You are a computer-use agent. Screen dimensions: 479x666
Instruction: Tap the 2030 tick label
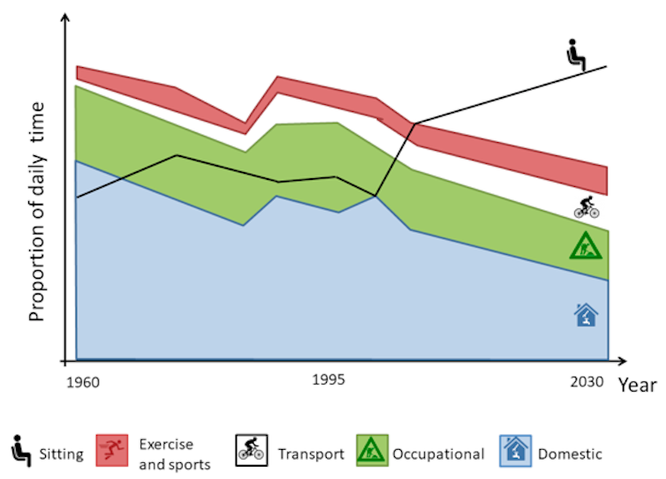click(585, 382)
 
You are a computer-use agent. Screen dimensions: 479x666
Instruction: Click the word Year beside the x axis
click(637, 385)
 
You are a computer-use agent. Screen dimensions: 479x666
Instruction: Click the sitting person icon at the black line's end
click(576, 55)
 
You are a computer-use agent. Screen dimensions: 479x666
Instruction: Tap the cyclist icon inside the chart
click(587, 208)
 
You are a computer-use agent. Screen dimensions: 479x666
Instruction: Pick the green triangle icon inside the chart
click(586, 247)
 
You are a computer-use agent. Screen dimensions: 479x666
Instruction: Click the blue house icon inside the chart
click(585, 314)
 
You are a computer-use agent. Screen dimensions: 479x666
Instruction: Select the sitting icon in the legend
click(19, 451)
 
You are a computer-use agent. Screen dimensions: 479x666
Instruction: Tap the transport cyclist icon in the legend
click(251, 452)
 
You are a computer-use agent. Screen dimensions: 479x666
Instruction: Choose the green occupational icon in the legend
click(370, 452)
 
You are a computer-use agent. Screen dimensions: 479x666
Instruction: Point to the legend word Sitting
click(61, 455)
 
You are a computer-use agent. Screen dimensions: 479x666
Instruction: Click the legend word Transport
click(311, 455)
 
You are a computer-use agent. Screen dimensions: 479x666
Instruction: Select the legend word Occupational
click(438, 455)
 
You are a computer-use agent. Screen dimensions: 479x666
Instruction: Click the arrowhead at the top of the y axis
click(66, 21)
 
